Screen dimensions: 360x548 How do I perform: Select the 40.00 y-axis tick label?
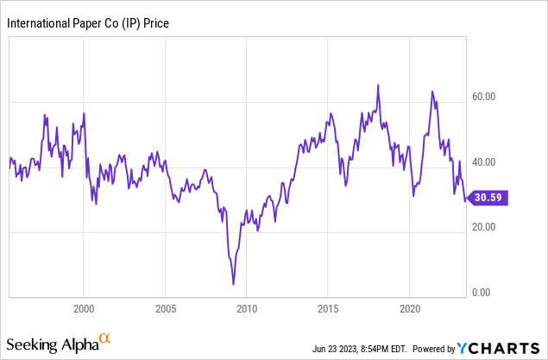486,162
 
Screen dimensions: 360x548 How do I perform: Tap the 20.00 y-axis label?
486,227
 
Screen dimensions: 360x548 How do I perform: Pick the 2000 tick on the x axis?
84,307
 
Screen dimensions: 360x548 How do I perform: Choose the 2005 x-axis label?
166,307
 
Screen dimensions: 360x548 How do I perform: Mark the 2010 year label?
248,307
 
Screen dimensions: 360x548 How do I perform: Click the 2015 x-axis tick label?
329,307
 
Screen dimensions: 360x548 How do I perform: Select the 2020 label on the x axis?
411,307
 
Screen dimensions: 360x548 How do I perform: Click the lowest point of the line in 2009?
233,284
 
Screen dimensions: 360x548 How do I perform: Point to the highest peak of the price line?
378,85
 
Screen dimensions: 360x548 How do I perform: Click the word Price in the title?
156,23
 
